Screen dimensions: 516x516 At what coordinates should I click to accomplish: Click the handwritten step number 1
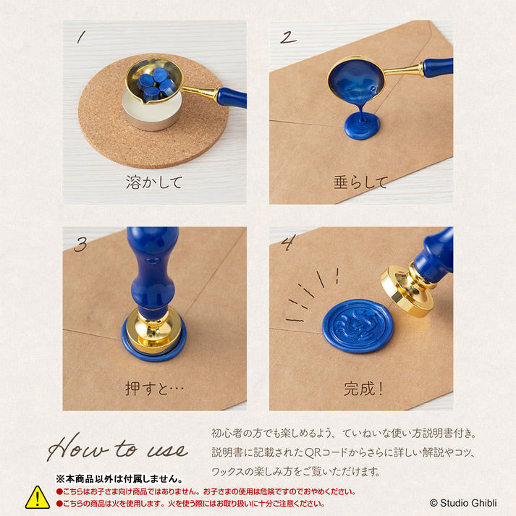pos(81,37)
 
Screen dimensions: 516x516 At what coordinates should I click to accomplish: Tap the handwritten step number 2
pos(289,37)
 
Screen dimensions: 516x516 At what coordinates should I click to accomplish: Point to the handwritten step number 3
pos(80,244)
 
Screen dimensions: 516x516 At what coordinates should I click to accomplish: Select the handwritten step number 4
pos(288,242)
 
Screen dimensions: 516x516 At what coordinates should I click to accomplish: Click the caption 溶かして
pos(154,182)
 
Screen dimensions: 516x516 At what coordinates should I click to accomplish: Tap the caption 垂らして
pos(360,182)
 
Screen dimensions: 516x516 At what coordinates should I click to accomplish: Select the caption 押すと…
pos(154,389)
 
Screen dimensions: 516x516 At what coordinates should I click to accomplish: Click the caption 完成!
pos(363,389)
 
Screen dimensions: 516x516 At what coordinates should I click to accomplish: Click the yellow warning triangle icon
pos(38,497)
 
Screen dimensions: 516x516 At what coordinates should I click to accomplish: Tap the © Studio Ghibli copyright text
pos(463,503)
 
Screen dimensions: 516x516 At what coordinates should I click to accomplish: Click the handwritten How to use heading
pos(117,447)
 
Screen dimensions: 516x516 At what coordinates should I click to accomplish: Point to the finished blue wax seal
pos(358,326)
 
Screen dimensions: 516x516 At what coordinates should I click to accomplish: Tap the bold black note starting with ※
pos(119,479)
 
